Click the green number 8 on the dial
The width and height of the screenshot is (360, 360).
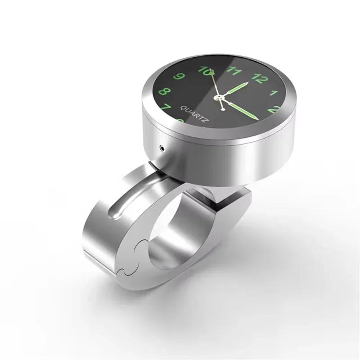[x=165, y=92]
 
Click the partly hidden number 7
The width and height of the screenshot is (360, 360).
[x=165, y=108]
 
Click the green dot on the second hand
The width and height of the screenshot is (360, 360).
[x=208, y=72]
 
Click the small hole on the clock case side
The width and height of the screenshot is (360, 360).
[x=161, y=147]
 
